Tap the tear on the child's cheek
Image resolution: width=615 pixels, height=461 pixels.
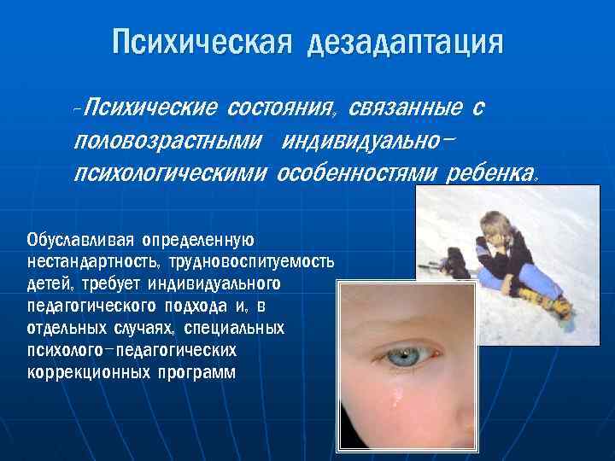click(398, 394)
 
